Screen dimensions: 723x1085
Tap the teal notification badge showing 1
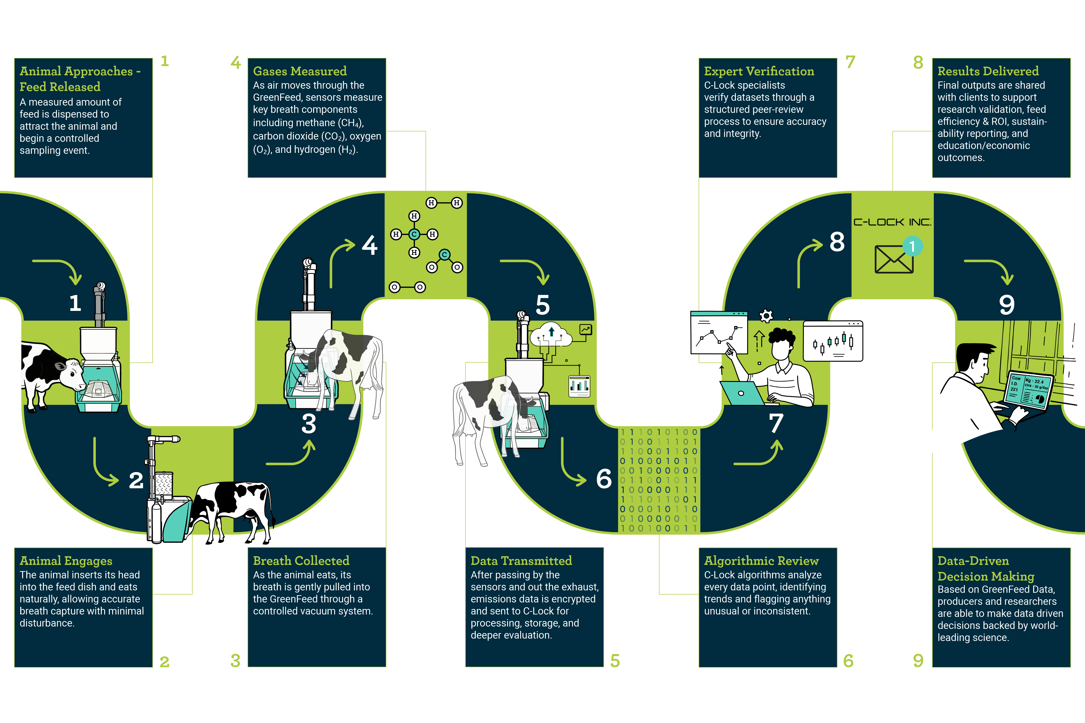pos(912,246)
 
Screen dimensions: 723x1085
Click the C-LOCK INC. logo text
pos(892,222)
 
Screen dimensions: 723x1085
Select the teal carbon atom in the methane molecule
pos(414,234)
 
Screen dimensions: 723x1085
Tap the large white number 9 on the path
pos(1007,305)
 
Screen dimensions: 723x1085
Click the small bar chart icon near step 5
pos(579,385)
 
